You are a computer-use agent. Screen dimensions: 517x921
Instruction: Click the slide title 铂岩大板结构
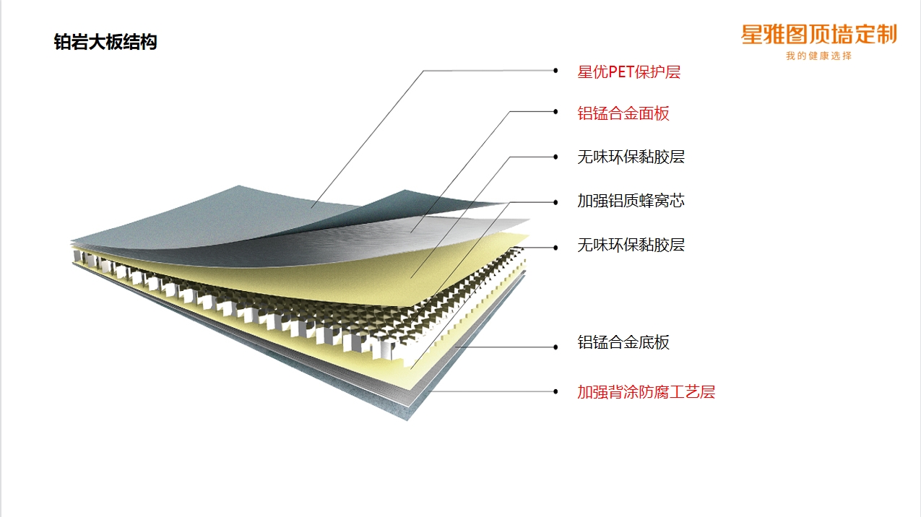point(105,43)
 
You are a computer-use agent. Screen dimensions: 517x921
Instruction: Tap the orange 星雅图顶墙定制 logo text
point(819,34)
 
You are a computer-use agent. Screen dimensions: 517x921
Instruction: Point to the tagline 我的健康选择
point(819,56)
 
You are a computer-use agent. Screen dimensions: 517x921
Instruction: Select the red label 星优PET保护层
point(628,72)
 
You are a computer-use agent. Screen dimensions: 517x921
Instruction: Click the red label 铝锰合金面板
point(623,113)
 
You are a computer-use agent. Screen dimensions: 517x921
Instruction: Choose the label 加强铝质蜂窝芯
point(631,201)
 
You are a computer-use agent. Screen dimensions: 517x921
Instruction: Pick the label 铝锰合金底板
point(623,342)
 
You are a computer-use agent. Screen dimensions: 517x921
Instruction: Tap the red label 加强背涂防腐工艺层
point(646,392)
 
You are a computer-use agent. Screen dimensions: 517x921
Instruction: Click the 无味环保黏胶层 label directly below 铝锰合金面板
point(631,157)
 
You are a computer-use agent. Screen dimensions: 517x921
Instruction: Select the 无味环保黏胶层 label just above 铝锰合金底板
point(631,245)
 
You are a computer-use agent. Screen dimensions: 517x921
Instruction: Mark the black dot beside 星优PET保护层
point(555,71)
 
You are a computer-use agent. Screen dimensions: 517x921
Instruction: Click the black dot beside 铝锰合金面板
point(555,111)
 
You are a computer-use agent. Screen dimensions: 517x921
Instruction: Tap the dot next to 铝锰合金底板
point(555,347)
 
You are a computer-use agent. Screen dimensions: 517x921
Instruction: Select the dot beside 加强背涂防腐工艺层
point(555,391)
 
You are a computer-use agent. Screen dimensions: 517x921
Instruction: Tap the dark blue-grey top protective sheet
point(238,217)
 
